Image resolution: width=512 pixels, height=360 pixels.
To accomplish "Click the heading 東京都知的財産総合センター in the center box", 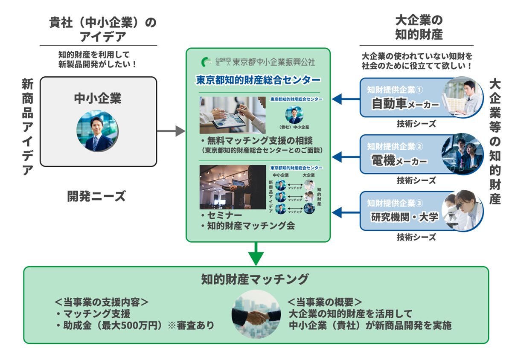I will [x=258, y=80].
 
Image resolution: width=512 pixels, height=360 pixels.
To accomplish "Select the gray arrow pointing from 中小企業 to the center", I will [x=171, y=131].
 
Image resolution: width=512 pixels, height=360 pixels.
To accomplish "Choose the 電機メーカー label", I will [x=399, y=161].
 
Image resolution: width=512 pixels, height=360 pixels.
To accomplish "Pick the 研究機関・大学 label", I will [x=404, y=217].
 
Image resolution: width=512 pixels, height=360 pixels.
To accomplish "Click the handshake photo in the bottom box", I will [x=256, y=315].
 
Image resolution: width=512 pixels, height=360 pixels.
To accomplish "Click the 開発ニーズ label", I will [x=96, y=197].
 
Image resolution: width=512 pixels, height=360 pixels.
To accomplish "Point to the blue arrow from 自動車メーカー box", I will [x=346, y=99].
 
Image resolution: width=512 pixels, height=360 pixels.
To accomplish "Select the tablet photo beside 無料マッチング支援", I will [x=232, y=115].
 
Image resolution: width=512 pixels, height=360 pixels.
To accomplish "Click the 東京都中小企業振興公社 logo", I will [x=259, y=62].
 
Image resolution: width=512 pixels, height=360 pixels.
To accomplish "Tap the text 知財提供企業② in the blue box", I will [x=395, y=147].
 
